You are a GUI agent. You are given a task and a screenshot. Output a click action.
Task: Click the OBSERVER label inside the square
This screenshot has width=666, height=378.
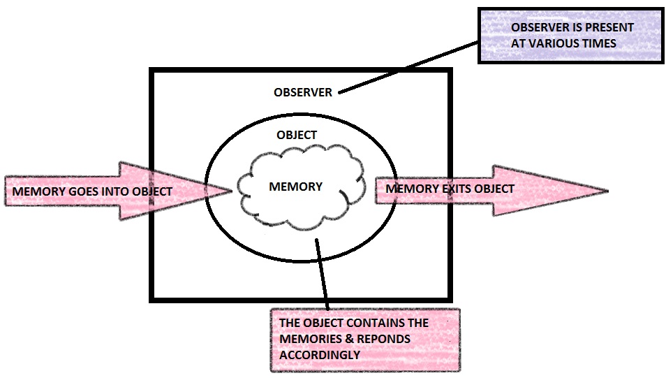(303, 92)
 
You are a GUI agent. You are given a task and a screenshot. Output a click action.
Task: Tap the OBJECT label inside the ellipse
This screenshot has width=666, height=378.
(296, 135)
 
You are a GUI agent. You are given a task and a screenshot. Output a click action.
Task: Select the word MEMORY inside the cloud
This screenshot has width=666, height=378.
(295, 187)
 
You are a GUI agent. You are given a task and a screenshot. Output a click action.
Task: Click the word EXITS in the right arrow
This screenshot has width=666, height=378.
(453, 189)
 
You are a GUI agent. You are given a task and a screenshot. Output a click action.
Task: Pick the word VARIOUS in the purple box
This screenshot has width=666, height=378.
(559, 43)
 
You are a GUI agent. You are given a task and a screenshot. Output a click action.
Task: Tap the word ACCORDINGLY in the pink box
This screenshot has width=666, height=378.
(319, 354)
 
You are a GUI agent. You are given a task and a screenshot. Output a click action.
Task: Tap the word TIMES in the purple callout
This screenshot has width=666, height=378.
(600, 43)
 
